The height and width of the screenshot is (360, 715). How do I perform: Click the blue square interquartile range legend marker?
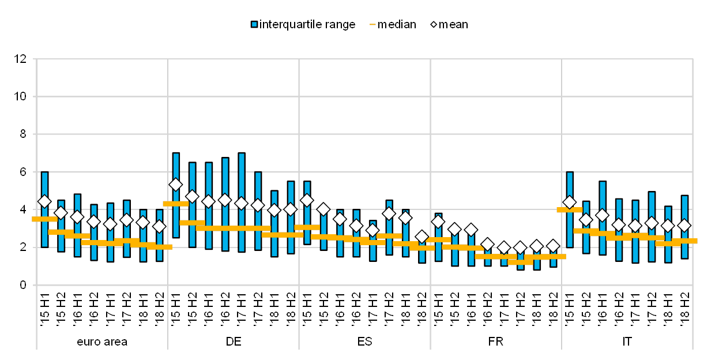(254, 24)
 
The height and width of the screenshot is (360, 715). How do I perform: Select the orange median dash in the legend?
(373, 24)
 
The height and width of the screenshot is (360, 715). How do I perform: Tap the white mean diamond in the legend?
(434, 24)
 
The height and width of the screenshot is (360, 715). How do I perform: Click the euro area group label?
(102, 341)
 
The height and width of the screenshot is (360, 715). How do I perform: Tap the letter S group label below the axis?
(368, 341)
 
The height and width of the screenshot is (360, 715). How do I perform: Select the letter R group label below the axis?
(501, 341)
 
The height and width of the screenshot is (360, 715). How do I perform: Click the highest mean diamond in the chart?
(176, 185)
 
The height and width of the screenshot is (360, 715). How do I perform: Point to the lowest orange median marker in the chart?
(520, 262)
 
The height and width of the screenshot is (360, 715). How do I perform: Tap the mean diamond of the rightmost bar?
(684, 226)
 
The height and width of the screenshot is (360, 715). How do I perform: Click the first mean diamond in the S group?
(307, 200)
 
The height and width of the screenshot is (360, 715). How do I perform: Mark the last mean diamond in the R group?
(553, 246)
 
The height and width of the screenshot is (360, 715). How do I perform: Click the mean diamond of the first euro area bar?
(44, 201)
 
